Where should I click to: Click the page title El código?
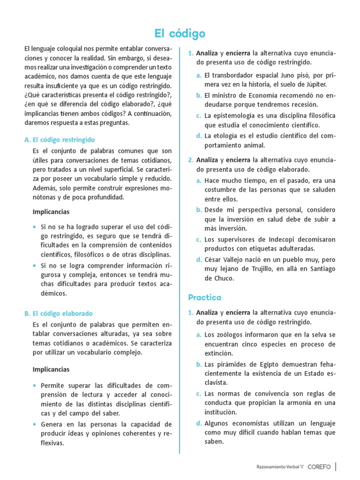(x=180, y=34)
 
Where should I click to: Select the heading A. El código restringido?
(x=59, y=140)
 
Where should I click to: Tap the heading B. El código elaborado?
(x=58, y=313)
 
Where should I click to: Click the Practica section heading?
(x=205, y=297)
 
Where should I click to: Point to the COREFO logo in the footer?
(x=319, y=467)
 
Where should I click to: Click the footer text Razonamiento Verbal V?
(x=280, y=467)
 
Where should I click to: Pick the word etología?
(x=229, y=136)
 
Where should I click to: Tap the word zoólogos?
(x=230, y=335)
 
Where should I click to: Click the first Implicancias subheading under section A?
(x=51, y=211)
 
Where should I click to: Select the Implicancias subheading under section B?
(x=51, y=369)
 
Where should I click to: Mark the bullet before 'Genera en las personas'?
(x=35, y=424)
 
